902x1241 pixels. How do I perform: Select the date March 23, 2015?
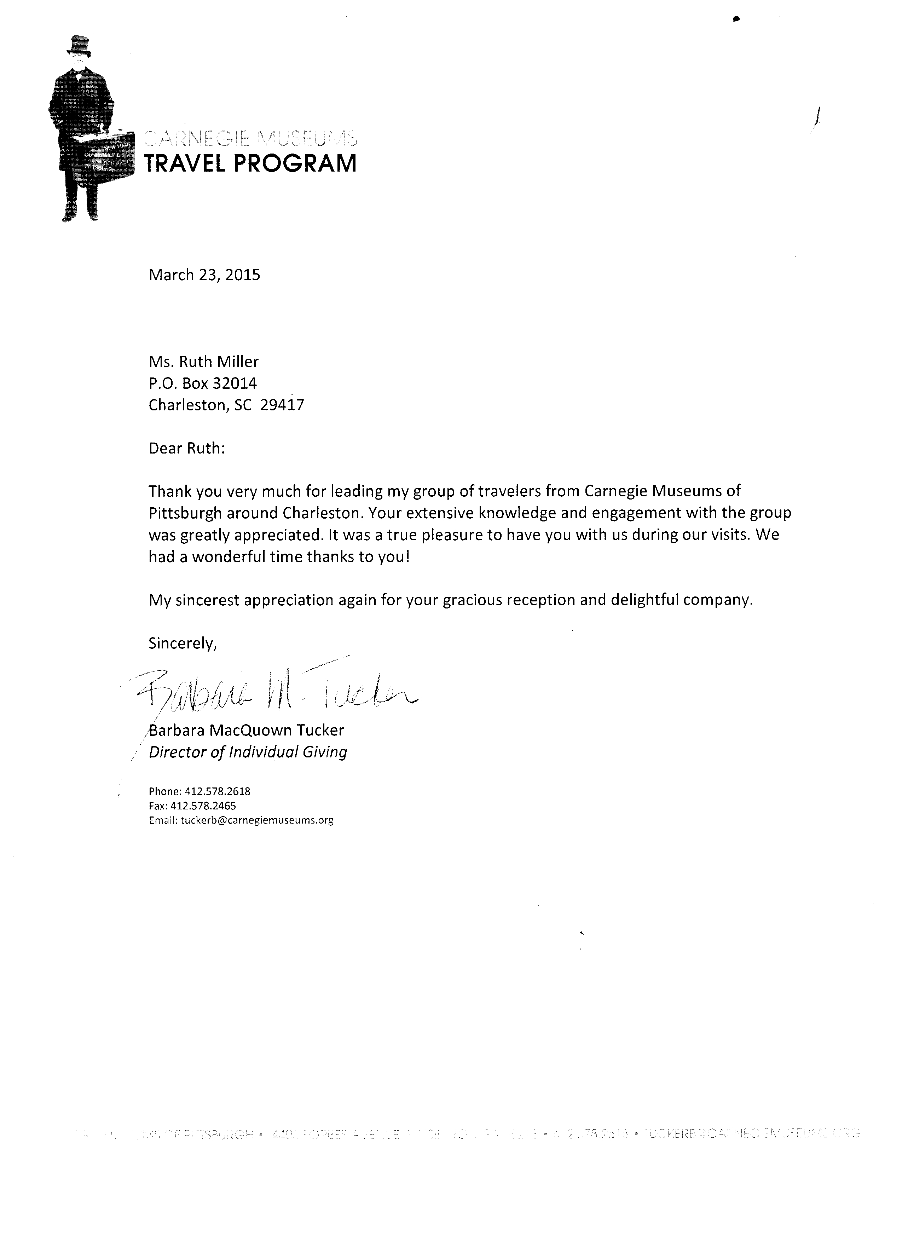[204, 275]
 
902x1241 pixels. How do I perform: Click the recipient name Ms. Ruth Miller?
[203, 362]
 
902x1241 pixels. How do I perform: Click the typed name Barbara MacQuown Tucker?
[247, 731]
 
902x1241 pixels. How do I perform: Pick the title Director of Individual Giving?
[248, 752]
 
